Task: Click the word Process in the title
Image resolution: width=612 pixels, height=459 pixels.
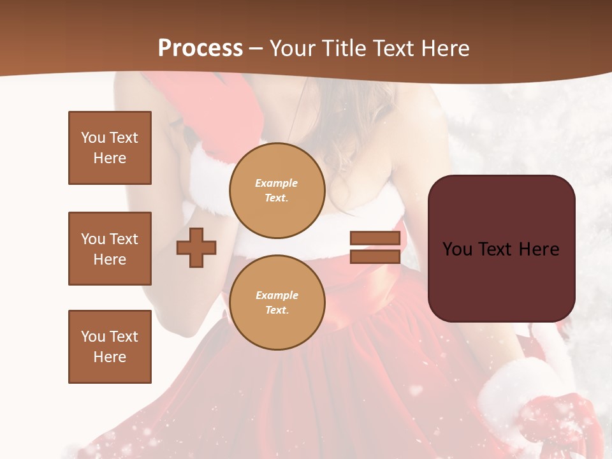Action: (200, 48)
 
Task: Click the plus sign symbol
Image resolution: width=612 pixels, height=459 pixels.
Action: (196, 247)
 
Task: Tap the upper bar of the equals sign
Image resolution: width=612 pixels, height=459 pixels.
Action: (375, 238)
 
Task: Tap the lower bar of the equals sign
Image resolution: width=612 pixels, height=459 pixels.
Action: (375, 256)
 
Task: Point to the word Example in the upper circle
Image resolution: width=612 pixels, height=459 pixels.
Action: (277, 183)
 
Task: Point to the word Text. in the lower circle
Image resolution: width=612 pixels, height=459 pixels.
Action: (277, 310)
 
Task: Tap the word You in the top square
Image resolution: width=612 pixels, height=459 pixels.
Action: (93, 138)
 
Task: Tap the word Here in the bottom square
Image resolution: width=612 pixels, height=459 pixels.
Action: (110, 357)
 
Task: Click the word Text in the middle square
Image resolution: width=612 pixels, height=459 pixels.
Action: (124, 239)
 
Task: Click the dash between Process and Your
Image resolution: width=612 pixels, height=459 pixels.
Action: (256, 48)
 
